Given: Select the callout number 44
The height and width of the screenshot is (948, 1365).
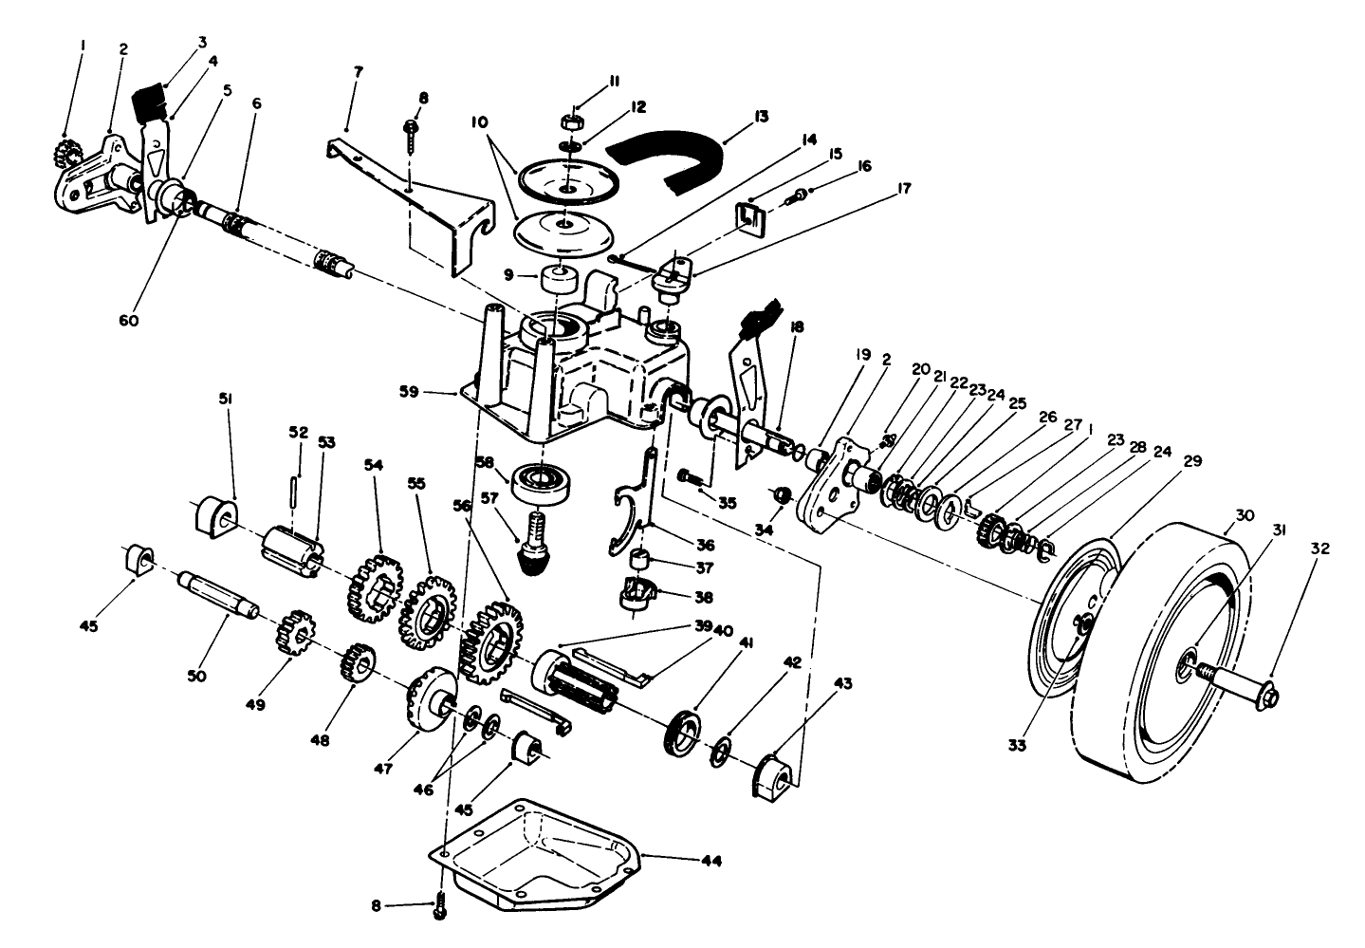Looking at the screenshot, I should tap(711, 862).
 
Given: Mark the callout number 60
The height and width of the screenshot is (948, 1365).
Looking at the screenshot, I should tap(130, 321).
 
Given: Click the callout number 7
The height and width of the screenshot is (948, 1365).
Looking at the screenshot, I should tap(356, 72).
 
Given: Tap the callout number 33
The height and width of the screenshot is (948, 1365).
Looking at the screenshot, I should tap(1017, 747).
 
